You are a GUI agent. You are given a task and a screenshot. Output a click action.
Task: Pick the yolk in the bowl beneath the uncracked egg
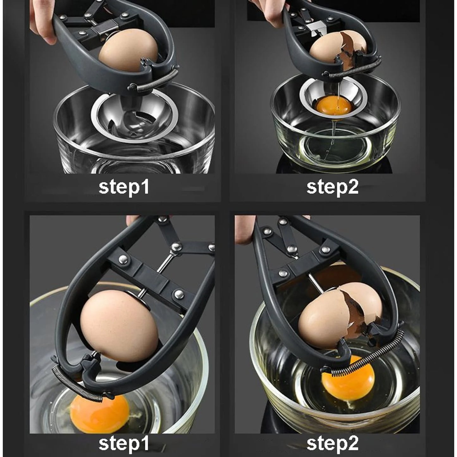click(100, 414)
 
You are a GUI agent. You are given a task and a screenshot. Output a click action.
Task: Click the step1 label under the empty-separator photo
click(124, 187)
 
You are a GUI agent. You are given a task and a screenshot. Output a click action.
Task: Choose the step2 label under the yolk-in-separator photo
click(332, 187)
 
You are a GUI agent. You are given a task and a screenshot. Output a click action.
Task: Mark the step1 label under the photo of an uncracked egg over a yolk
click(124, 443)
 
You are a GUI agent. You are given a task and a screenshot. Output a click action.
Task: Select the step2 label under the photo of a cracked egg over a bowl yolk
click(332, 443)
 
